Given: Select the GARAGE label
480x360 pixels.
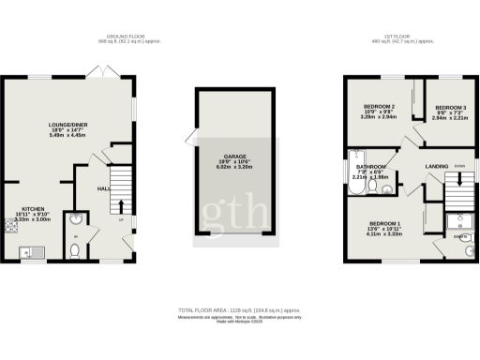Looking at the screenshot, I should (234, 157).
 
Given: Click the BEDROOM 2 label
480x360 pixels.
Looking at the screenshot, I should (378, 108).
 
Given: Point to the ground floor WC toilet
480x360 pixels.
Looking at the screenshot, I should (76, 248).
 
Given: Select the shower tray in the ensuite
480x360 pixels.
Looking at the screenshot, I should (458, 221).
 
